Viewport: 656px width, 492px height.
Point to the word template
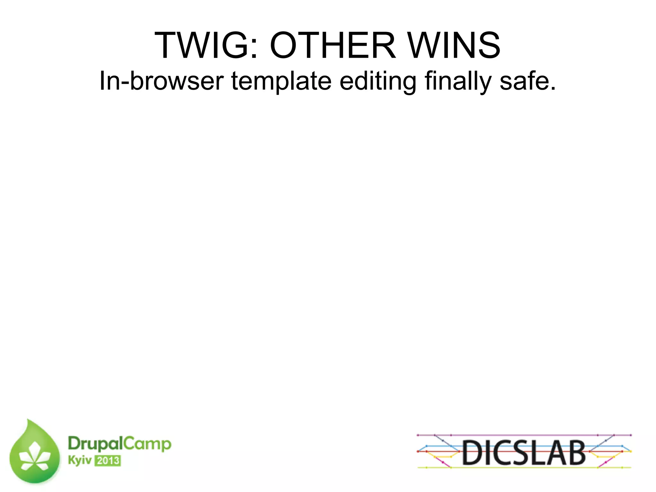tap(281, 81)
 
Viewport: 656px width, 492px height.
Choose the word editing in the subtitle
tap(378, 81)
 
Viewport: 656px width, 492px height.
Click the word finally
tap(458, 81)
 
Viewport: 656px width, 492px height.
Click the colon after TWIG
tap(254, 50)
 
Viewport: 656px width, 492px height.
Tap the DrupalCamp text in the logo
tap(119, 444)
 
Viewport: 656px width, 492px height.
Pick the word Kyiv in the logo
tap(79, 460)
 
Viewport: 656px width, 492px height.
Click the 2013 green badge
tap(108, 461)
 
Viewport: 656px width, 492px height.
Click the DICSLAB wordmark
tap(524, 452)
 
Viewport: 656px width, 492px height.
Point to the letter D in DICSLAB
tap(473, 452)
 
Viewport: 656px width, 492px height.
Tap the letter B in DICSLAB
tap(575, 452)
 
